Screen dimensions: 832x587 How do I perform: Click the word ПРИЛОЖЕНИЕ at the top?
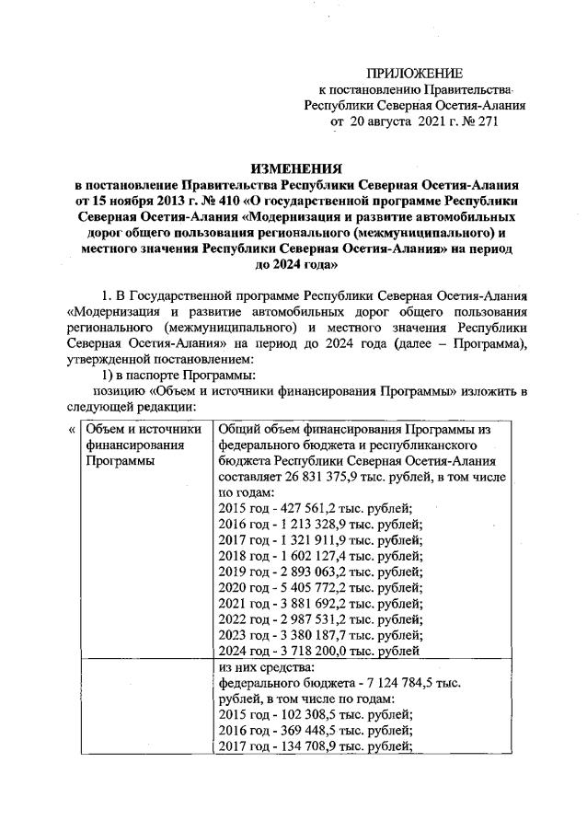tap(415, 73)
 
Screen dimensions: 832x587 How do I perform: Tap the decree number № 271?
tap(478, 122)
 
